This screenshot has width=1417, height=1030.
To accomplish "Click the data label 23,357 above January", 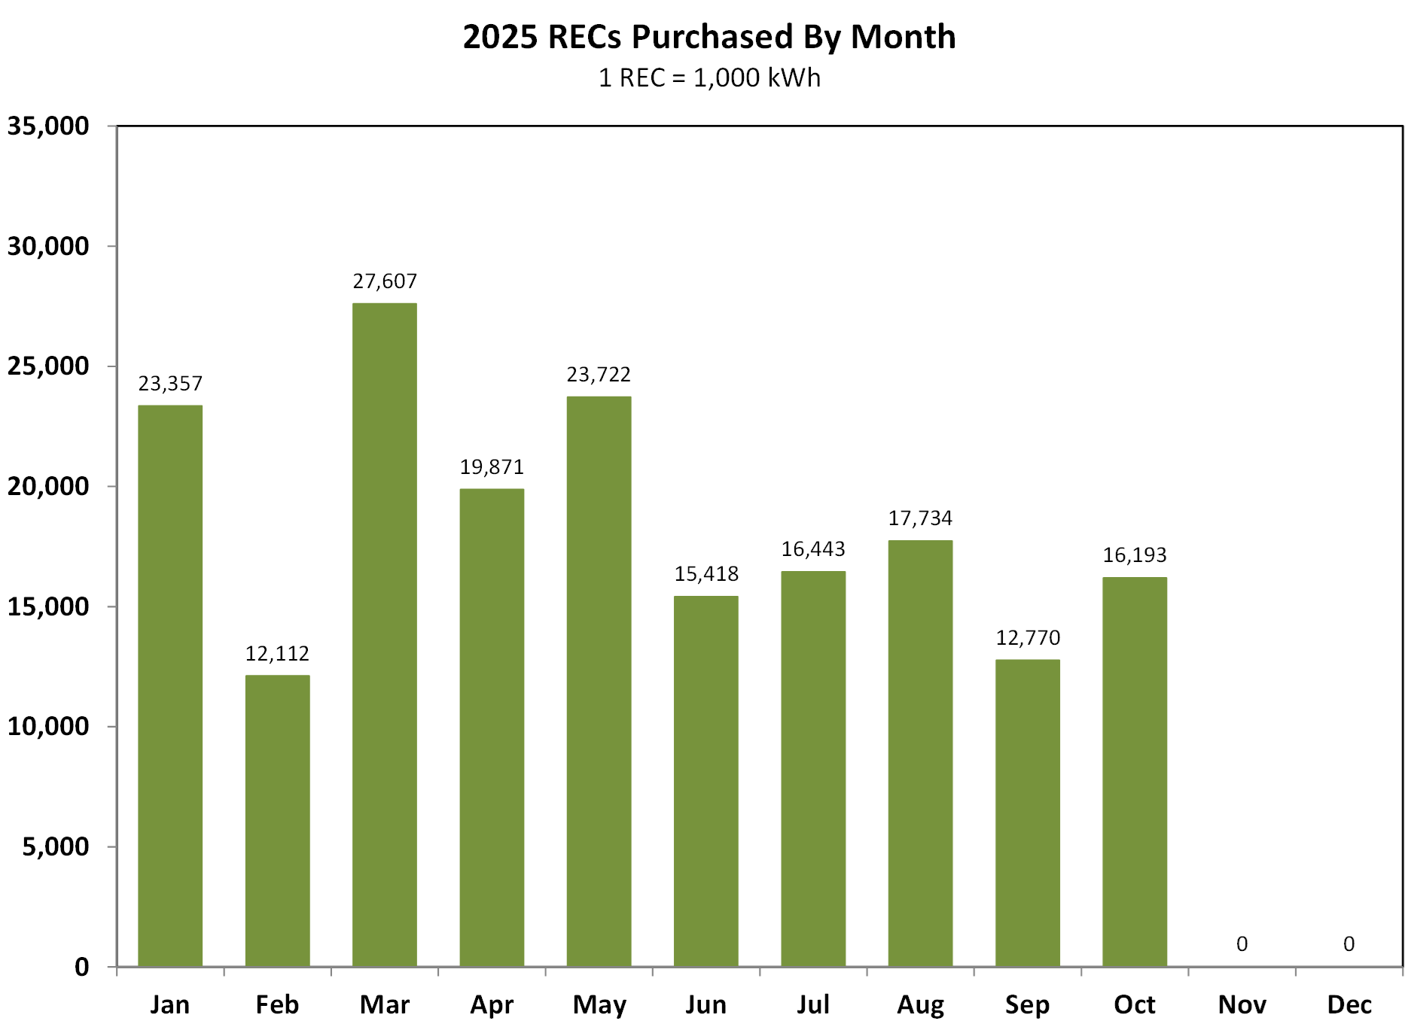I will coord(170,384).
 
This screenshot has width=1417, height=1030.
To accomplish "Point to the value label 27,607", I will coord(384,281).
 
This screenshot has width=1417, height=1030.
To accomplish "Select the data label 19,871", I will coord(492,467).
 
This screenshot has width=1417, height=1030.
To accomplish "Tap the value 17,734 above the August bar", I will coord(920,518).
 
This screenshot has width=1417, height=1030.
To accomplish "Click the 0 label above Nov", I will coord(1242,943).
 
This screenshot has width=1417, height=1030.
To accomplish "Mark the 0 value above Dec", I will coord(1348,943).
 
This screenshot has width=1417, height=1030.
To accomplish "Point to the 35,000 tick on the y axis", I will coord(48,126).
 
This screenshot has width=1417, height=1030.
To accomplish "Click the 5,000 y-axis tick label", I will coord(56,846).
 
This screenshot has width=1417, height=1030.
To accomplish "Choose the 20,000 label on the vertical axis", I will coord(48,486).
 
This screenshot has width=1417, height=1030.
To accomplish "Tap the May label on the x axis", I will coord(599,1004).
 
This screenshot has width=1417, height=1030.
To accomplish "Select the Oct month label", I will coord(1134,1004).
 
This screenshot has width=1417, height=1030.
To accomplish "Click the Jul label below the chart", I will coord(812,1004).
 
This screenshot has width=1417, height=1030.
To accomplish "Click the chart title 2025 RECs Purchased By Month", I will coord(708,36).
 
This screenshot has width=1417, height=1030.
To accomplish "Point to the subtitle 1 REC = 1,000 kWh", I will coord(708,77).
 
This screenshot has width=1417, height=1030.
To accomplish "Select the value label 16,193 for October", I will coord(1134,555).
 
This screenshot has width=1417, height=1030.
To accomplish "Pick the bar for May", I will coord(599,681).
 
